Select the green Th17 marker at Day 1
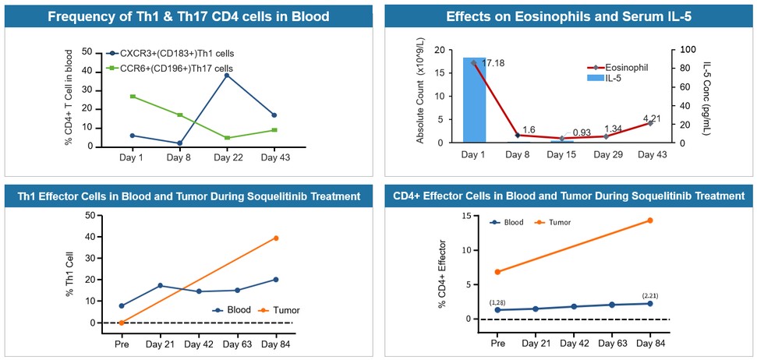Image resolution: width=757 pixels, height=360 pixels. (x=133, y=96)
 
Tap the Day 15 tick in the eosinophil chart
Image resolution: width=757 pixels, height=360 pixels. (x=562, y=156)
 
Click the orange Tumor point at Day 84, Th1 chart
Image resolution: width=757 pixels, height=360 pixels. (x=276, y=238)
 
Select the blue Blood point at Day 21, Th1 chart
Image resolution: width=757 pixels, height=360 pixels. (x=159, y=285)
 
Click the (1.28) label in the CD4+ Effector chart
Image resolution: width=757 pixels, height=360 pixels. (x=497, y=302)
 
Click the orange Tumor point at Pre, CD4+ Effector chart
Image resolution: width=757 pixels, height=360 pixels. (x=497, y=272)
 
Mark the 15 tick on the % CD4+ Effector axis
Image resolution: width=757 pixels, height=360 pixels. (x=466, y=216)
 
